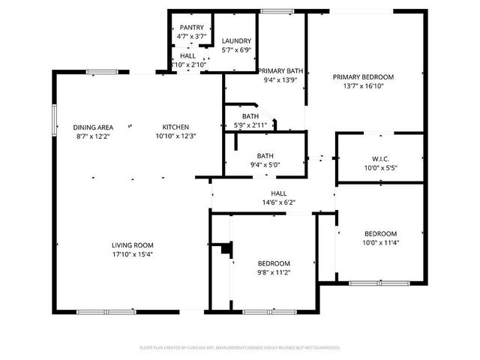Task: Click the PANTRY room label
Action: [191, 27]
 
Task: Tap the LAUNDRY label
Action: [236, 40]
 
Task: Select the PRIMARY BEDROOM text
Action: [364, 76]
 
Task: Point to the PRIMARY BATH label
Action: [281, 70]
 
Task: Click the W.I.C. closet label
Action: [379, 158]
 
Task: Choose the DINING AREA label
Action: [93, 127]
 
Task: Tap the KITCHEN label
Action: [175, 127]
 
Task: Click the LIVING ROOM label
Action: [133, 245]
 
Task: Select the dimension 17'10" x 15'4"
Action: [133, 255]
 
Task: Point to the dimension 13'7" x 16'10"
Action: [364, 86]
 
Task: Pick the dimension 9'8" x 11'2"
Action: [274, 273]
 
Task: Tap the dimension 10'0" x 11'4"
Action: [380, 242]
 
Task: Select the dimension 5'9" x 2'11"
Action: [250, 125]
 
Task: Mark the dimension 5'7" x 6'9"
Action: [236, 50]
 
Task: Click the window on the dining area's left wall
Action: [53, 118]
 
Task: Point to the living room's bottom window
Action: [95, 311]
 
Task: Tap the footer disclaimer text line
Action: [240, 348]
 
